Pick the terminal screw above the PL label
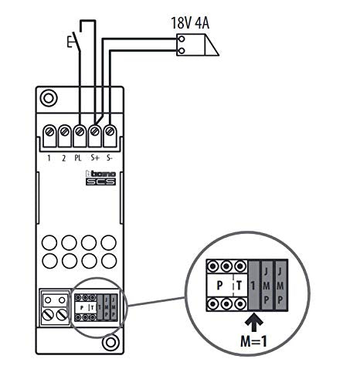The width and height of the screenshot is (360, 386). pyautogui.click(x=80, y=132)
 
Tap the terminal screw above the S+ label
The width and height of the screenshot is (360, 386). pyautogui.click(x=95, y=132)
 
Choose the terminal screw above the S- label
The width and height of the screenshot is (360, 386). pyautogui.click(x=110, y=132)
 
